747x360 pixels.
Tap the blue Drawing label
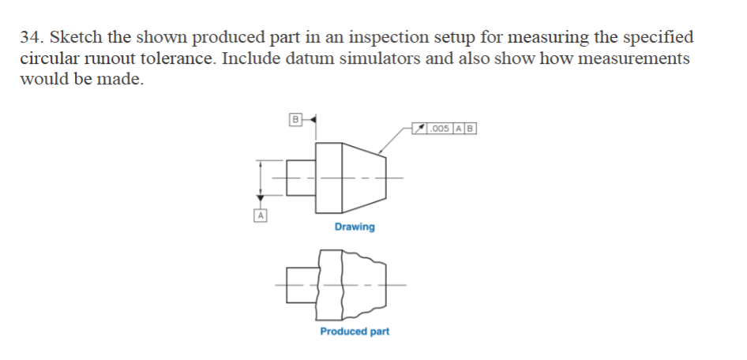355,227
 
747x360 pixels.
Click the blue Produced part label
355,332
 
